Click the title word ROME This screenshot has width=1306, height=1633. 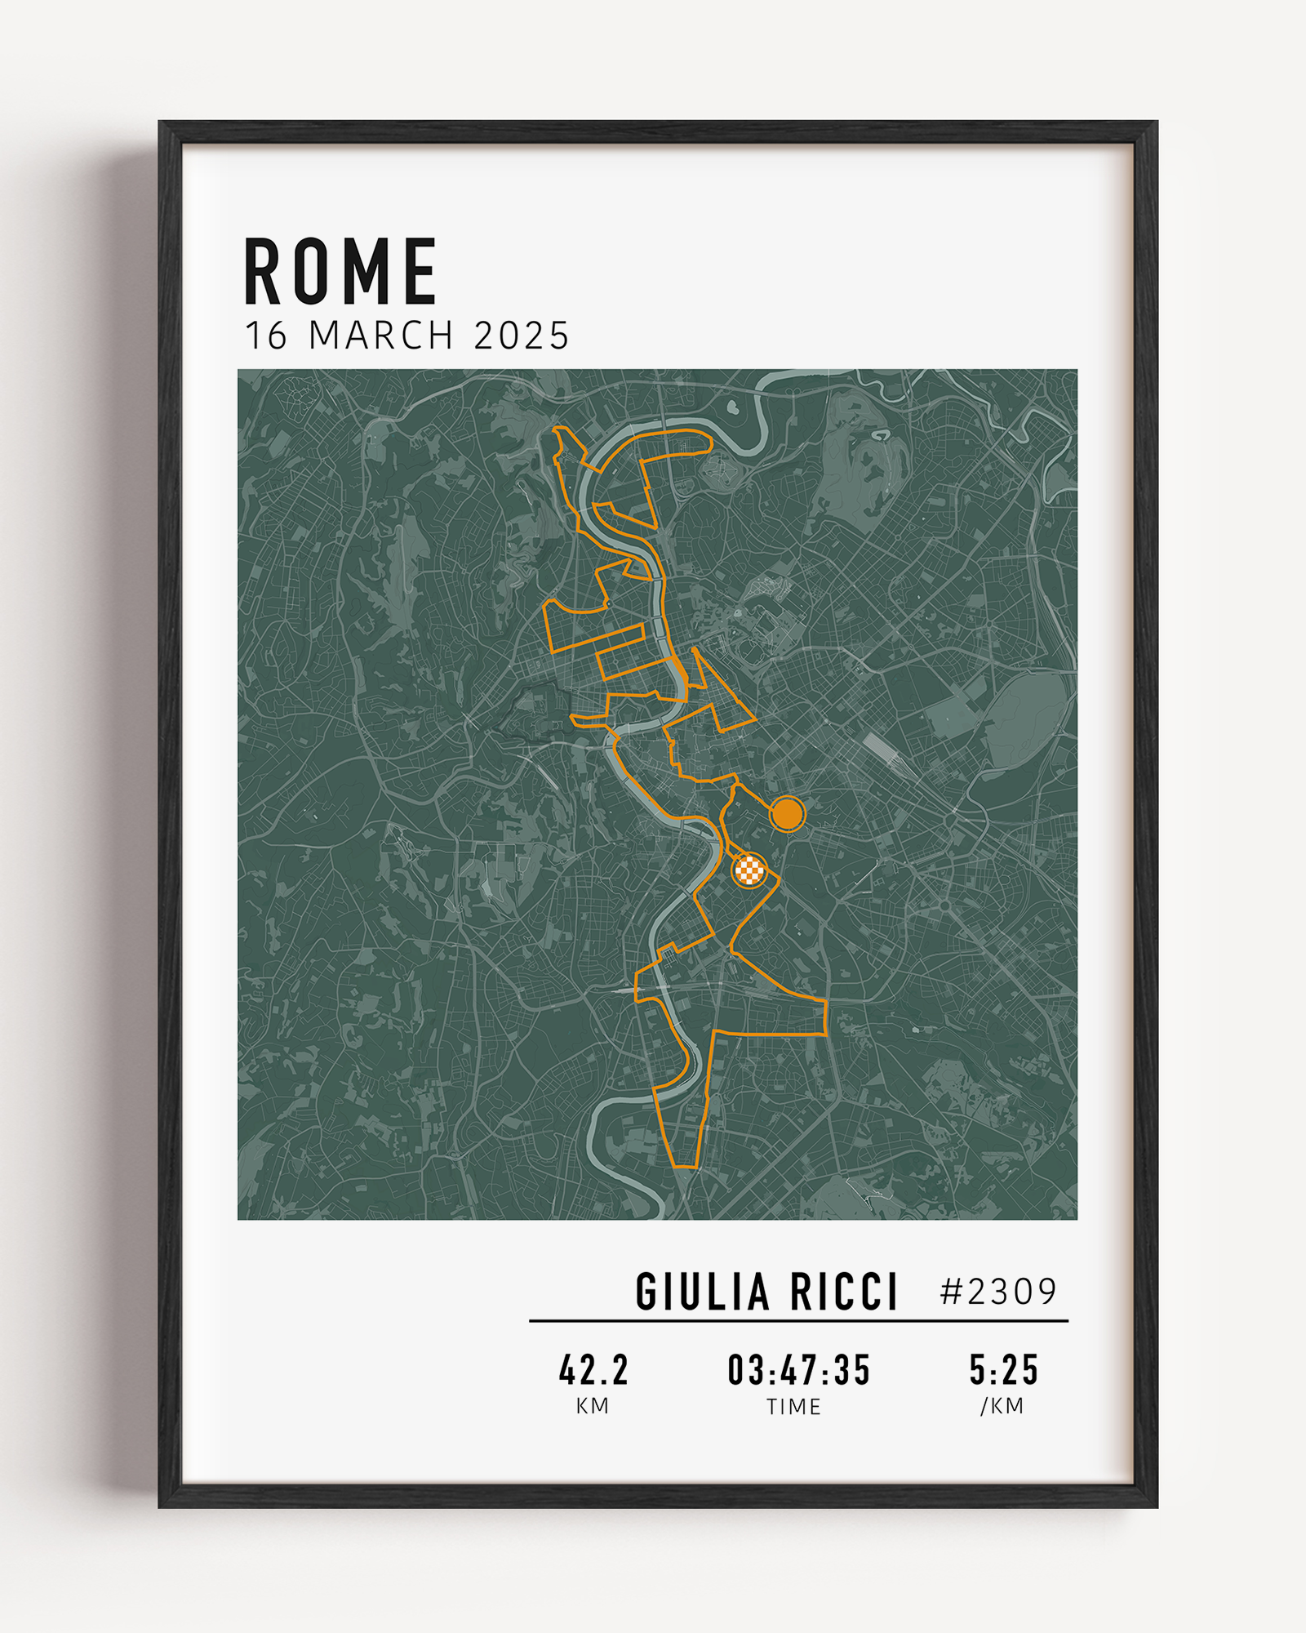tap(340, 272)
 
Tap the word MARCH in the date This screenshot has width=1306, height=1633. tap(381, 336)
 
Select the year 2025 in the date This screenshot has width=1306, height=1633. tap(522, 336)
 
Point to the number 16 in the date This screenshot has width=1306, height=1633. tap(266, 336)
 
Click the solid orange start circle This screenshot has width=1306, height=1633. tap(787, 813)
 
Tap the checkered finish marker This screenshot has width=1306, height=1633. tap(749, 870)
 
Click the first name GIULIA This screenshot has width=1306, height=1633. tap(702, 1292)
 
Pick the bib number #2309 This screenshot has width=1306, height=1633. tap(998, 1292)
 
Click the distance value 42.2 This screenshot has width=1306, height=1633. tap(593, 1370)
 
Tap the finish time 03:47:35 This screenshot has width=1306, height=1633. tap(799, 1370)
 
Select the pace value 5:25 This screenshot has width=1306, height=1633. tap(1003, 1370)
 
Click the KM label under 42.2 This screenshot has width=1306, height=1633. tap(593, 1406)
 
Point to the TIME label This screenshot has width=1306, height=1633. tap(793, 1407)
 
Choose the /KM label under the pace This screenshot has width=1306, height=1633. tap(1002, 1406)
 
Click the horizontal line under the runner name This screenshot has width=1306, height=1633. tap(798, 1320)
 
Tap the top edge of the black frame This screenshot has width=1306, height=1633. tap(658, 132)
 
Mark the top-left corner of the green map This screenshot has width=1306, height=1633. tap(239, 371)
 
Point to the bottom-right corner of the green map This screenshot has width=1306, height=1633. tap(1076, 1218)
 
